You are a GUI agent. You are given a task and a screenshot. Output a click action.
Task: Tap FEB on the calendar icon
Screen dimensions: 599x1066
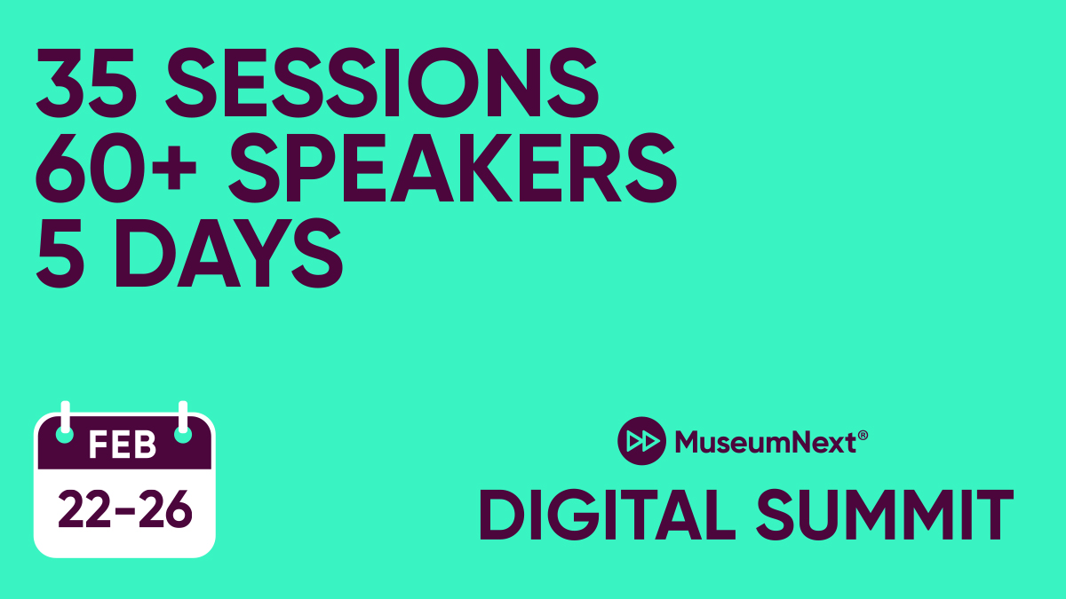click(x=123, y=445)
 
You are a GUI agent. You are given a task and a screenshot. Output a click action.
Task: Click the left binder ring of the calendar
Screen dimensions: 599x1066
click(x=65, y=424)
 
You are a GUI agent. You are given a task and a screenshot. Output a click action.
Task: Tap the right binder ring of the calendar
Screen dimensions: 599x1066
click(x=183, y=424)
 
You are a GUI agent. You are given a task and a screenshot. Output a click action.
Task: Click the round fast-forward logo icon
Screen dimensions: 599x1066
click(x=641, y=439)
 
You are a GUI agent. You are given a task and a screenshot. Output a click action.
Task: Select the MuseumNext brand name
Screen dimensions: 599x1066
click(x=763, y=440)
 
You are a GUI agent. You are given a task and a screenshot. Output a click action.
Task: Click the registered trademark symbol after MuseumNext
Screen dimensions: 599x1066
click(x=862, y=432)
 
